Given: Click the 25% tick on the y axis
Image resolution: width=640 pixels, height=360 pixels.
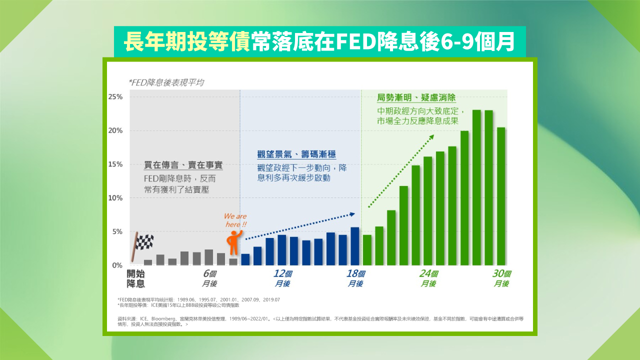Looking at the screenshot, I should pyautogui.click(x=115, y=96).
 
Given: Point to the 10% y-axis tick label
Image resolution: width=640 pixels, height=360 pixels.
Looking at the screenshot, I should pyautogui.click(x=115, y=198).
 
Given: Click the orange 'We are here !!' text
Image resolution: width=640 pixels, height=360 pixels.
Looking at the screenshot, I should pyautogui.click(x=235, y=220).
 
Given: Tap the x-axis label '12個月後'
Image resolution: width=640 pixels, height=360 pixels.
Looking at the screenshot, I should pyautogui.click(x=282, y=278).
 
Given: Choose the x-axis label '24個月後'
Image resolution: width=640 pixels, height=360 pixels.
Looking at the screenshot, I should pyautogui.click(x=428, y=278).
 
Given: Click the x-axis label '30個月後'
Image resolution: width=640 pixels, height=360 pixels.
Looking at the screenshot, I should pyautogui.click(x=501, y=278).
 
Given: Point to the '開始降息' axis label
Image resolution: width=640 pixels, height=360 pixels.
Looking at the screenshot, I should pyautogui.click(x=135, y=278).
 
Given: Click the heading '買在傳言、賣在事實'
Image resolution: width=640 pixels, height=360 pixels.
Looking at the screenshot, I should pyautogui.click(x=183, y=164).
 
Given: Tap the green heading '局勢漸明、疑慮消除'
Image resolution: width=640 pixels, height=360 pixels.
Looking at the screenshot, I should pyautogui.click(x=416, y=98).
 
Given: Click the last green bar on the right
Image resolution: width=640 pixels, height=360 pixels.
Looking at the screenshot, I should pyautogui.click(x=500, y=196).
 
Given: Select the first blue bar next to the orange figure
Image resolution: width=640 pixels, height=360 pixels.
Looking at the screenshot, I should pyautogui.click(x=245, y=259).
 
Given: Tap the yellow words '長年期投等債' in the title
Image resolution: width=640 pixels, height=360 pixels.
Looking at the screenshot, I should pyautogui.click(x=186, y=42).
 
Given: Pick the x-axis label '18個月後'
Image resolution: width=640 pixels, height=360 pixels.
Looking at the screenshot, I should pyautogui.click(x=355, y=278).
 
